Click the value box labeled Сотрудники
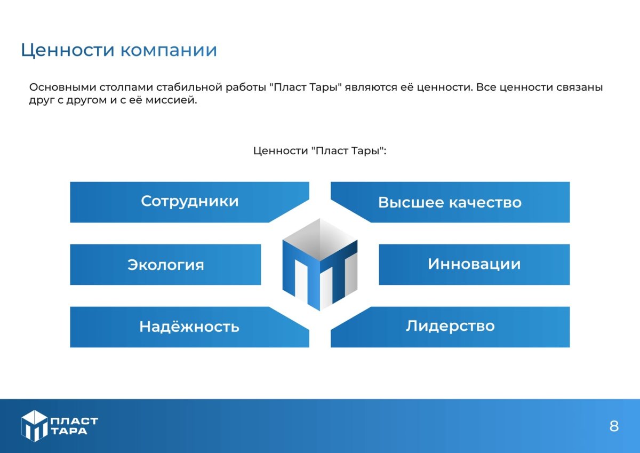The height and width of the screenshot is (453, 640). coord(189,202)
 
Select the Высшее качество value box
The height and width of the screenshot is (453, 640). coord(450,202)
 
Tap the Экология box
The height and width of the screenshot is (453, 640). coord(165,265)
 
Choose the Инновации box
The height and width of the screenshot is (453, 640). coord(474,264)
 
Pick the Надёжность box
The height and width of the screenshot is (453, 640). coord(189,327)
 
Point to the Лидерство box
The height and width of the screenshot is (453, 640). coord(450,326)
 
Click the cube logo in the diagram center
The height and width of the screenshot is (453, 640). coord(319,264)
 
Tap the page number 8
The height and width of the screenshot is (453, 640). coord(614,426)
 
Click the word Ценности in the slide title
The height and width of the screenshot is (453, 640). coord(67,50)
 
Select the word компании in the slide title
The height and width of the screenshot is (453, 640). coord(169,51)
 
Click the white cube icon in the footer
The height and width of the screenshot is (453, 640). coord(35,426)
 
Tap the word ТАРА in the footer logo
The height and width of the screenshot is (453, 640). coord(70,431)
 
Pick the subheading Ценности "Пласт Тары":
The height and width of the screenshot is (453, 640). coord(319,151)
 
